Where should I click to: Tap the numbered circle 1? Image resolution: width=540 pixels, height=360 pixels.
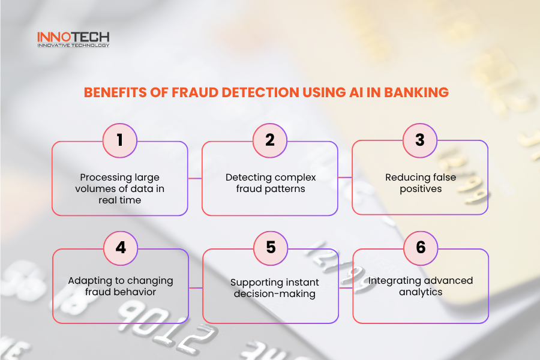tap(120, 140)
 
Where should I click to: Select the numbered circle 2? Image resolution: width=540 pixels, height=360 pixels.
tap(270, 140)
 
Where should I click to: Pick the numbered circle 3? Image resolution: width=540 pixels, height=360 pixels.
tap(420, 140)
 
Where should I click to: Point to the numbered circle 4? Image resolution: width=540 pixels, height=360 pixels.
tap(121, 248)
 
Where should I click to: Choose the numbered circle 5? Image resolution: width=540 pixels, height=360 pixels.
tap(271, 248)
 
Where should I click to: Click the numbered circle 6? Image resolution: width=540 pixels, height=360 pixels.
tap(421, 248)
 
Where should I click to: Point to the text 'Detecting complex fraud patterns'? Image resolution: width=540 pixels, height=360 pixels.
tap(270, 183)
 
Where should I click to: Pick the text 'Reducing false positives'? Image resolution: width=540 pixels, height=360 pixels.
tap(420, 183)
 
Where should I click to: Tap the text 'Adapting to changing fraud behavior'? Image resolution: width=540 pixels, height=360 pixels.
tap(121, 286)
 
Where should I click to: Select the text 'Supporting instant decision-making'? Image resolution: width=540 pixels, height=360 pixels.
tap(271, 288)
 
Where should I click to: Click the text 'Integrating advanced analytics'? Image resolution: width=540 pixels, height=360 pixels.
tap(421, 286)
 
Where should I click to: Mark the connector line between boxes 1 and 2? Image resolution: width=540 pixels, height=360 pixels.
tap(195, 178)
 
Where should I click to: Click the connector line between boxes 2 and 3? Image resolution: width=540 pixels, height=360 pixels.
tap(345, 178)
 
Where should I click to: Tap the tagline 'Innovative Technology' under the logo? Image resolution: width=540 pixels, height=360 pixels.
tap(73, 46)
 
